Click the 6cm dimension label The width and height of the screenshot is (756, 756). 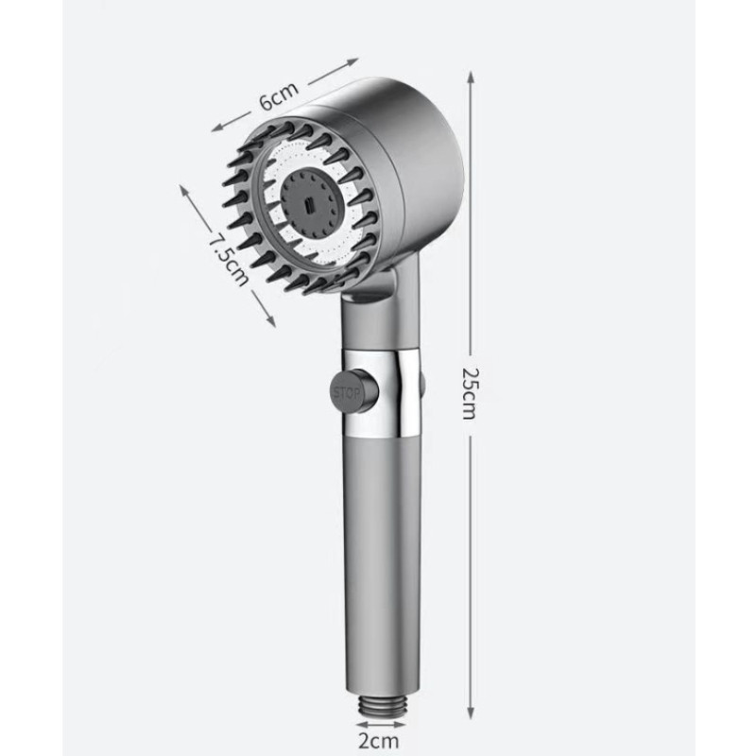click(279, 95)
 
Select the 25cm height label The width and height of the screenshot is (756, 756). click(470, 393)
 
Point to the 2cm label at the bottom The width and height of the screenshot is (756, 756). click(379, 741)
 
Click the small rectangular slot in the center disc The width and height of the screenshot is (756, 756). click(309, 206)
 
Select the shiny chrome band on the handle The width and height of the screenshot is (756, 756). click(381, 391)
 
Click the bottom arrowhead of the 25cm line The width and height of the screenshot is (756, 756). click(471, 712)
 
